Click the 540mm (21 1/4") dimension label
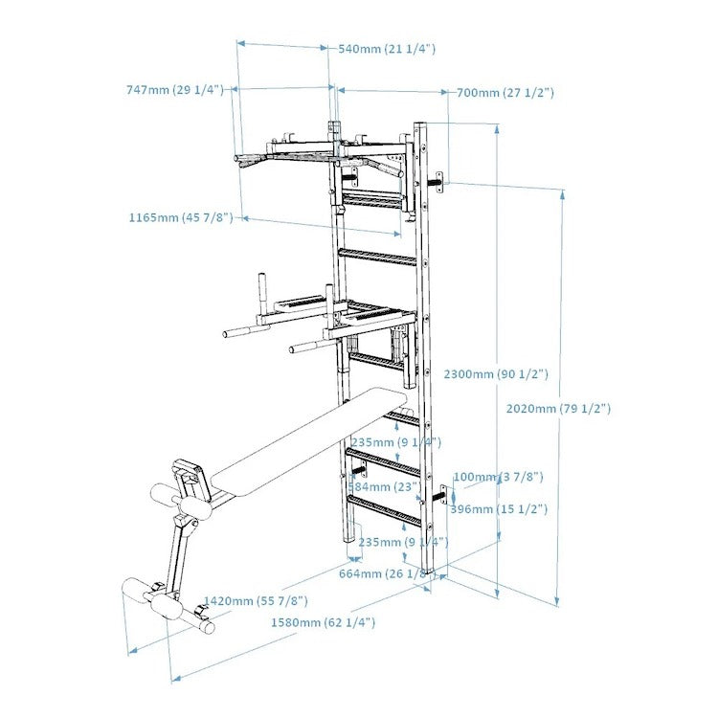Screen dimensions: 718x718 (x=387, y=49)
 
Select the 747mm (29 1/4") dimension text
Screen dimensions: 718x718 (x=174, y=90)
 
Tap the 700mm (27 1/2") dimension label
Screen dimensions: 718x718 (x=504, y=93)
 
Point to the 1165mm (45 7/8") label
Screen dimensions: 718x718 (x=181, y=218)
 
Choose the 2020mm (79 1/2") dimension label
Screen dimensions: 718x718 (x=558, y=408)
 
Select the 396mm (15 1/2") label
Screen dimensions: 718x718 (x=498, y=509)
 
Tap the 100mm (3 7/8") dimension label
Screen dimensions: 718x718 (x=498, y=477)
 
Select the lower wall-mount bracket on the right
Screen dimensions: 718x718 (x=444, y=496)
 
